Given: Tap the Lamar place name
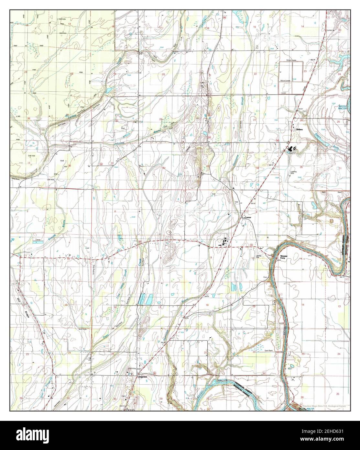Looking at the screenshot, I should (x=248, y=217).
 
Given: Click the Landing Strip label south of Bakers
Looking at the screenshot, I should (x=293, y=172).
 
